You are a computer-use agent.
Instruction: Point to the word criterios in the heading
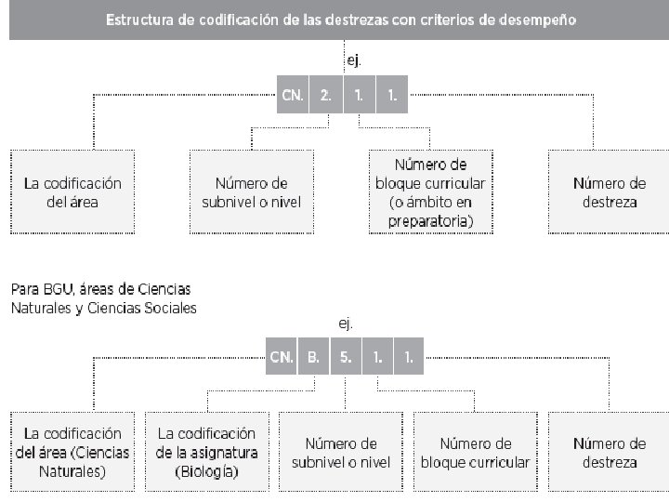461,19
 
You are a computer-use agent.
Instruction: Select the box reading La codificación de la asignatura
206,452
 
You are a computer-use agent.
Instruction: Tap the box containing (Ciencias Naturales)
72,452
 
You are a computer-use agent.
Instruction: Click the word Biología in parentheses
206,471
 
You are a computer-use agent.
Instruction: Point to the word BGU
55,289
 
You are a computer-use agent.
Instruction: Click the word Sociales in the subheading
166,308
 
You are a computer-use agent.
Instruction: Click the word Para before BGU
22,289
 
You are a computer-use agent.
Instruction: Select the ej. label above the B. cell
344,324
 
